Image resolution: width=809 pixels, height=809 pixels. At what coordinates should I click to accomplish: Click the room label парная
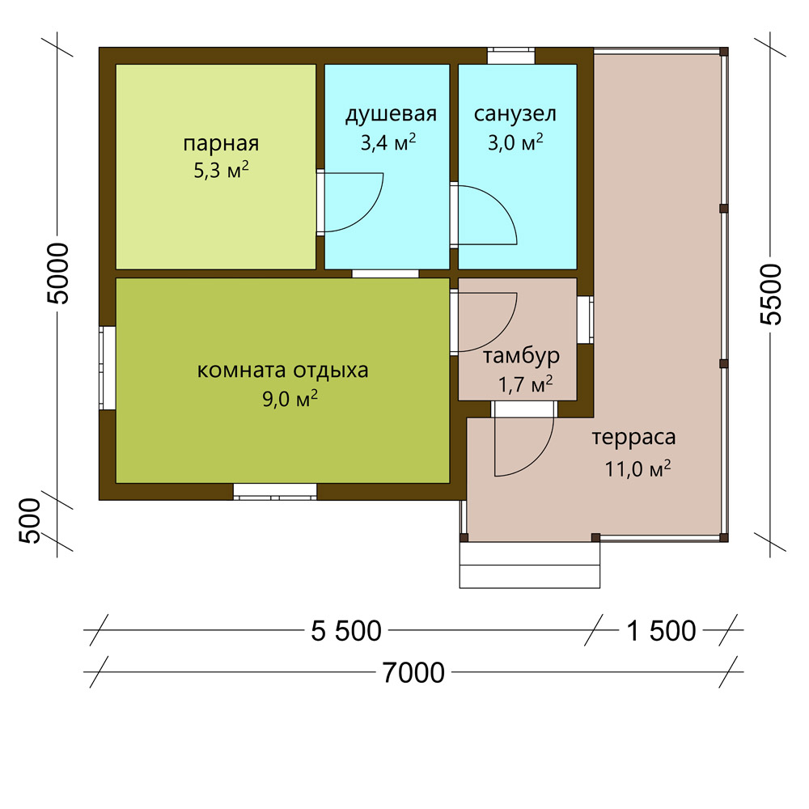221,144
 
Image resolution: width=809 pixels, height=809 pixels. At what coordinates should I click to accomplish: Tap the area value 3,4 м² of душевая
388,142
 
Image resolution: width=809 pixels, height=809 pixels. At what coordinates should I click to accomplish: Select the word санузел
515,114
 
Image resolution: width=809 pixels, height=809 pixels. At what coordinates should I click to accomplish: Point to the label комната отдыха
282,371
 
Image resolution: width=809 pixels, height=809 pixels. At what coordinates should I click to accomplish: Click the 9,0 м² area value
290,399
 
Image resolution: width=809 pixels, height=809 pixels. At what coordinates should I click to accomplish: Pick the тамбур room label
521,356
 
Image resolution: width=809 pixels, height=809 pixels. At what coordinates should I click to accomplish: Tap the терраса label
633,438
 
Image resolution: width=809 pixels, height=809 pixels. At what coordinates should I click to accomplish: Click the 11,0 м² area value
637,469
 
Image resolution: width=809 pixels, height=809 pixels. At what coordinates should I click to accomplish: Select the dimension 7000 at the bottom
413,673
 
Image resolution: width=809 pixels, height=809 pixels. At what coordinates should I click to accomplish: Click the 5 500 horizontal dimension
345,630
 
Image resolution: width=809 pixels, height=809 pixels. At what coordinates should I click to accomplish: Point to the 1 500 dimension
661,630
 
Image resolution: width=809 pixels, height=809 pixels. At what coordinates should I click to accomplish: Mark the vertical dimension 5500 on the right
771,294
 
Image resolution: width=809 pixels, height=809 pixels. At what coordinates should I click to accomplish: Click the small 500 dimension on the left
29,520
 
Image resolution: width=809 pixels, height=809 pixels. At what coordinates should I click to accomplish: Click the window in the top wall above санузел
510,55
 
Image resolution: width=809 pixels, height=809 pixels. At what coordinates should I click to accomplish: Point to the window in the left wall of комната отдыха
108,368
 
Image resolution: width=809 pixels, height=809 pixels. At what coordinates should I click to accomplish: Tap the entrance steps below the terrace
529,565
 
